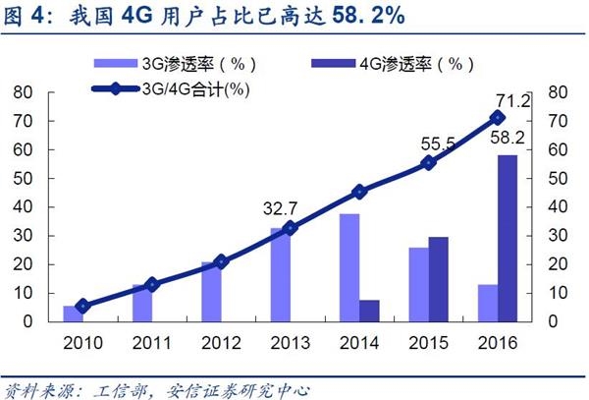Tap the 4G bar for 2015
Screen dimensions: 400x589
coord(439,279)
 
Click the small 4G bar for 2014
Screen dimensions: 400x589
coord(370,311)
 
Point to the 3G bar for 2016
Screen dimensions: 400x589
coord(488,303)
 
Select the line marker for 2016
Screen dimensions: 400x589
coord(498,117)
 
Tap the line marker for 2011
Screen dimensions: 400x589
coord(151,284)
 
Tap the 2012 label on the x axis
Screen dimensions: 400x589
coord(220,343)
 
